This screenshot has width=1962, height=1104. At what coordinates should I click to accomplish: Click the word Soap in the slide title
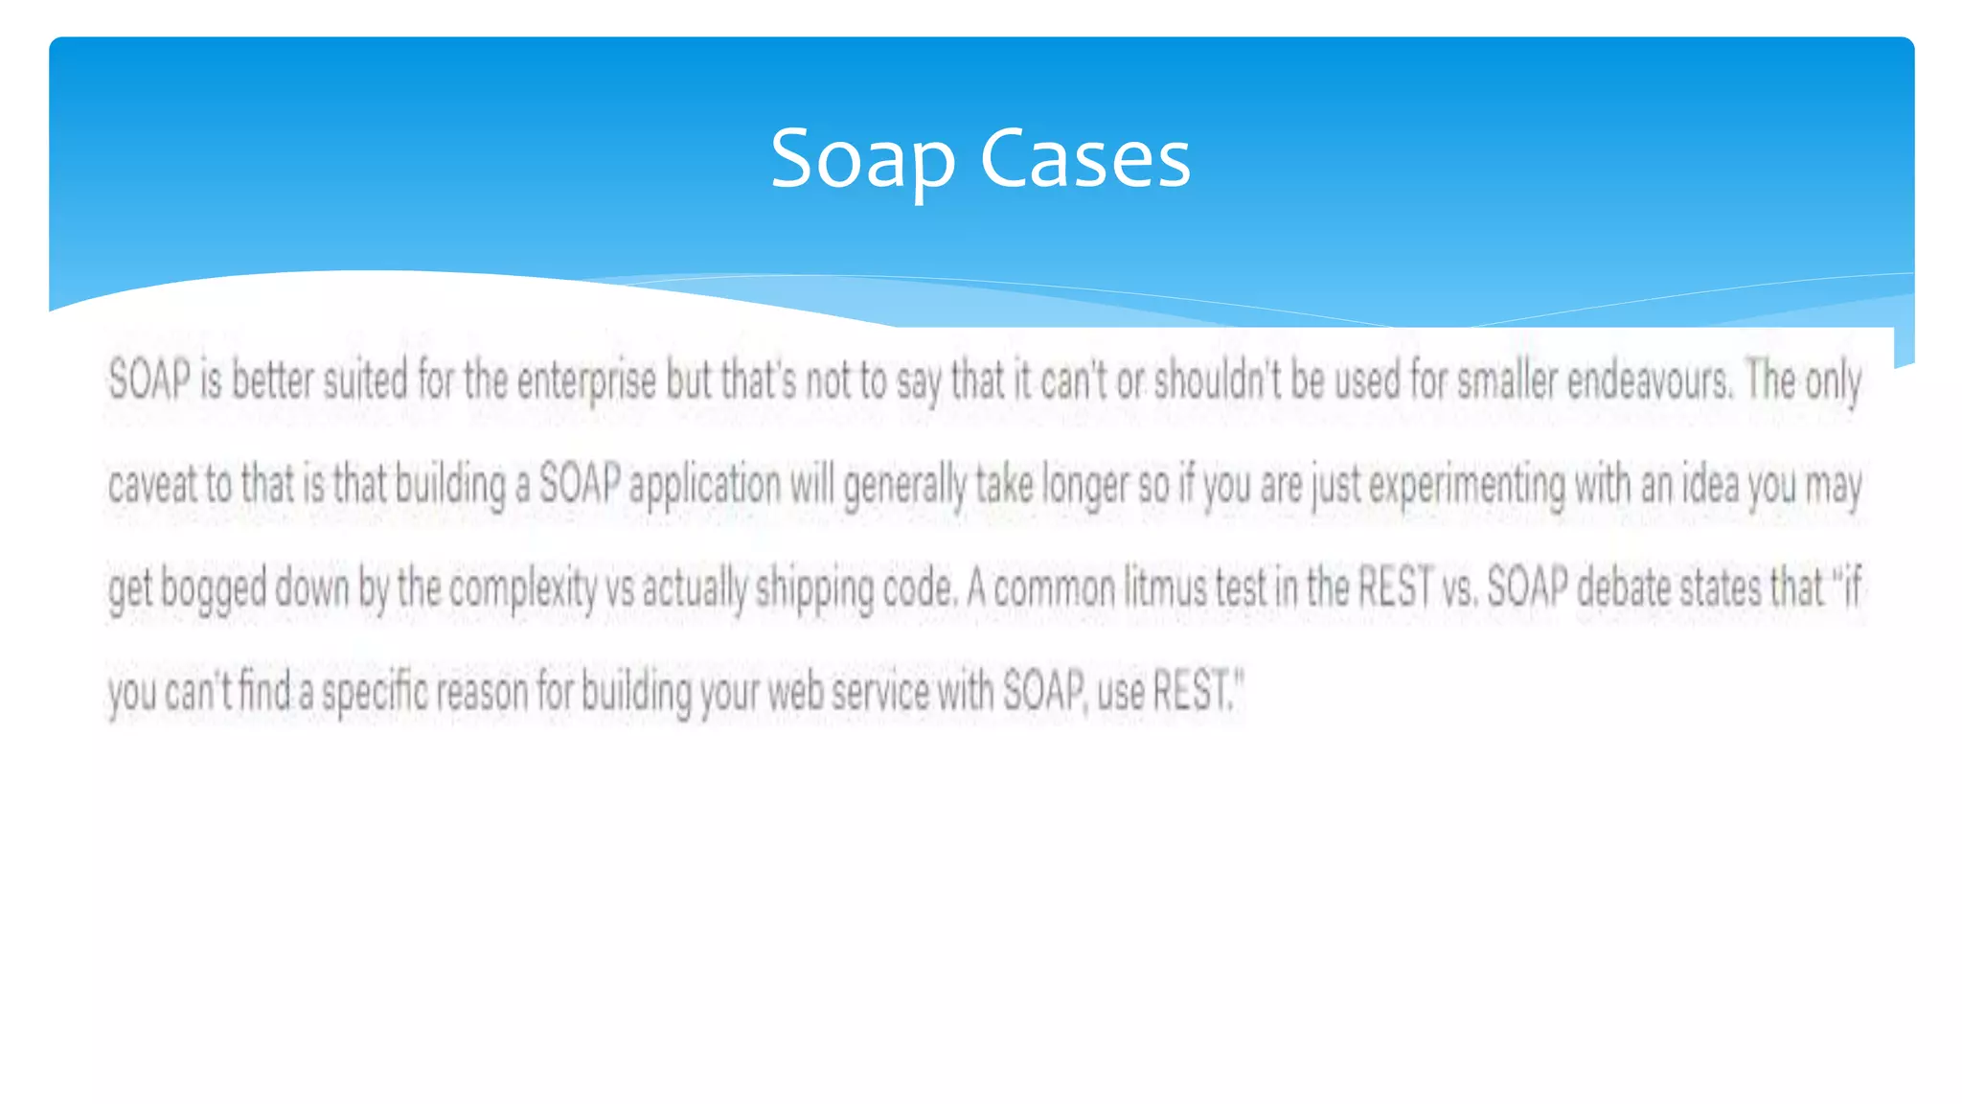tap(862, 158)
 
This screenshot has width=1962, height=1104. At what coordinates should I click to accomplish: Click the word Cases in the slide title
tap(1085, 158)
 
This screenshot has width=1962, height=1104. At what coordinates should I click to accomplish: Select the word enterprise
tap(586, 380)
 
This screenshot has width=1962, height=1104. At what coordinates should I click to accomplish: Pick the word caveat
tap(152, 484)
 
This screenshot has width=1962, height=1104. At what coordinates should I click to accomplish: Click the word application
tap(705, 484)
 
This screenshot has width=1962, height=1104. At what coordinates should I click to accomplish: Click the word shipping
tap(814, 588)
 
